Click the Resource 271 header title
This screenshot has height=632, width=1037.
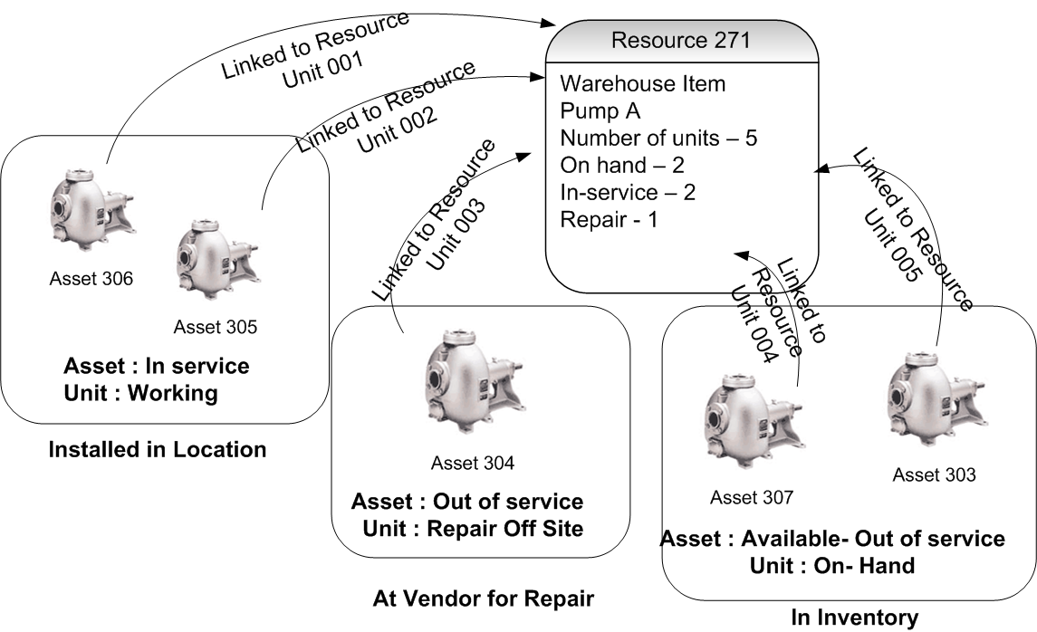680,41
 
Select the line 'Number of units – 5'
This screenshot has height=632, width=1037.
658,139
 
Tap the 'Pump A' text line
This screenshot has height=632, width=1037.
600,111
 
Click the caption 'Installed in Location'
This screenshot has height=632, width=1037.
158,449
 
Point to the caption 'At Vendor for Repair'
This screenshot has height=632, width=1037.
483,598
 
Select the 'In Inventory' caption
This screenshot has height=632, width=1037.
854,618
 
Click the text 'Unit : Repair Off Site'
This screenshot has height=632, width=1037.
474,528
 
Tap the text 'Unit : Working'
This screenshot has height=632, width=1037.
141,393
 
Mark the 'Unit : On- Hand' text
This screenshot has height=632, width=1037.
833,565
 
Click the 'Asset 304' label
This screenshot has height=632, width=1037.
473,464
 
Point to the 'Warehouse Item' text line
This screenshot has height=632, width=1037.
643,84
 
